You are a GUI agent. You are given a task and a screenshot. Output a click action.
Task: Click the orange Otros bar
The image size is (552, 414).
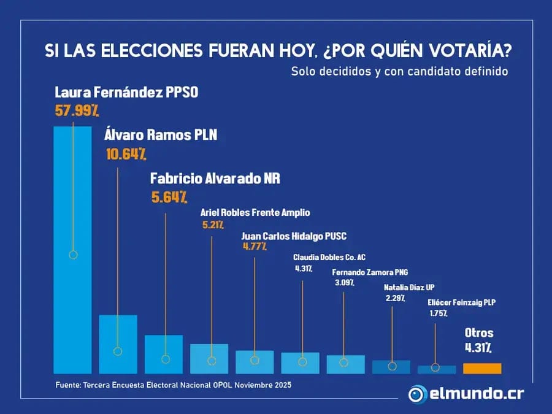coord(482,368)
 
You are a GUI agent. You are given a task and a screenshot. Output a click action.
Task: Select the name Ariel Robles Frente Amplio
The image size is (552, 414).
coord(255,213)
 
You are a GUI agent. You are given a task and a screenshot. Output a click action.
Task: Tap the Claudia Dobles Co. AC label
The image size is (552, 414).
coord(329,257)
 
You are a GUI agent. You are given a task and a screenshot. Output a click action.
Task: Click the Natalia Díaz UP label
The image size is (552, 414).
coord(410,287)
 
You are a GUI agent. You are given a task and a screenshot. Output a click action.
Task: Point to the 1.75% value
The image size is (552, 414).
coord(439,313)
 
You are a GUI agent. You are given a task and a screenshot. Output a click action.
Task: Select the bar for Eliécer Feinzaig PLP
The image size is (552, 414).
coord(437,369)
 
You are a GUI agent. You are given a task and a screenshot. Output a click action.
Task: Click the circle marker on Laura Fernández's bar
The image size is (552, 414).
coord(73,255)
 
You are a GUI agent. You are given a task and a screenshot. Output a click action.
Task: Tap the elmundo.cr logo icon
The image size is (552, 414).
coord(418,393)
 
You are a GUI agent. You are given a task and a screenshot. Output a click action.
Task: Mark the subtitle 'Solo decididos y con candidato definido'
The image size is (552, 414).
coord(400,72)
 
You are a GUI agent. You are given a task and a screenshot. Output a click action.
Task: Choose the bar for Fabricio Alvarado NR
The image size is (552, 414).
coord(164,354)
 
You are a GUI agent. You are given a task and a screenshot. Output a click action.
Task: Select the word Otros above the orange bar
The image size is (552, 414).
coord(479,333)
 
